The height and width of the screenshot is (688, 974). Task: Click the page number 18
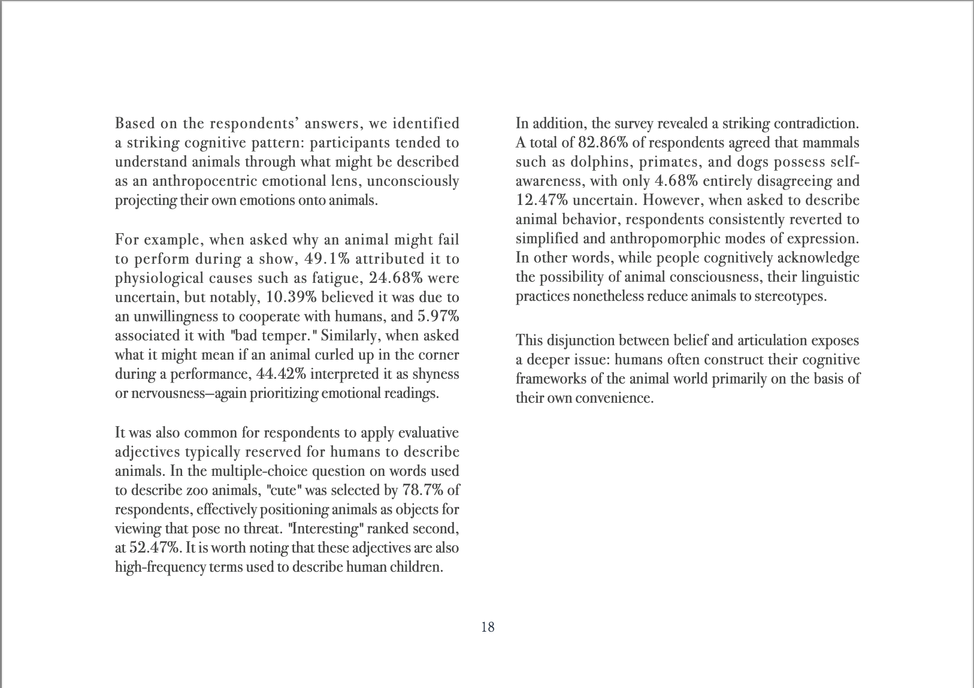pyautogui.click(x=488, y=627)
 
